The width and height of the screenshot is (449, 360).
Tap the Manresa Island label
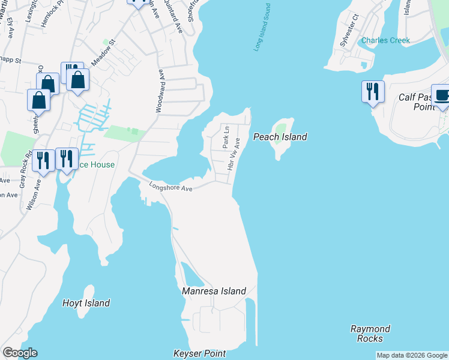pyautogui.click(x=214, y=291)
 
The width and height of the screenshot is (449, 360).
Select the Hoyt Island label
pyautogui.click(x=86, y=303)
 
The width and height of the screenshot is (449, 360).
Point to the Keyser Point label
pyautogui.click(x=199, y=353)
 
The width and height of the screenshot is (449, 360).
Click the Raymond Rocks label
pyautogui.click(x=370, y=334)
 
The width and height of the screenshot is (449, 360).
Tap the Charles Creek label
pyautogui.click(x=385, y=41)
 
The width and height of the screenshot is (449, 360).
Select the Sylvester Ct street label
pyautogui.click(x=350, y=27)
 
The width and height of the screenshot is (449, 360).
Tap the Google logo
pyautogui.click(x=20, y=353)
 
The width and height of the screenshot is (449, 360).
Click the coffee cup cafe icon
pyautogui.click(x=442, y=95)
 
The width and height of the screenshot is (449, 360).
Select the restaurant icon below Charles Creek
pyautogui.click(x=372, y=91)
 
